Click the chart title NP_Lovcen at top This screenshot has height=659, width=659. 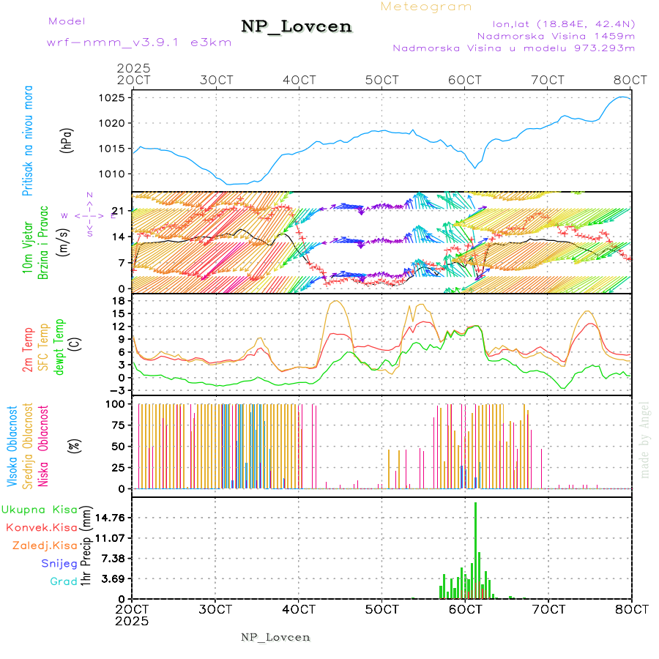click(297, 27)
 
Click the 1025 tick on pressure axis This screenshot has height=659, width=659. click(113, 97)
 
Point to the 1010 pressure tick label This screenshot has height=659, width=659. click(113, 174)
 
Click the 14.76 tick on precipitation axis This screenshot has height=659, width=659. click(108, 518)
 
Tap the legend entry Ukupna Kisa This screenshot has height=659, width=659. click(40, 509)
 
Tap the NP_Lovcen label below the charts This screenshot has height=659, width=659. click(275, 637)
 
